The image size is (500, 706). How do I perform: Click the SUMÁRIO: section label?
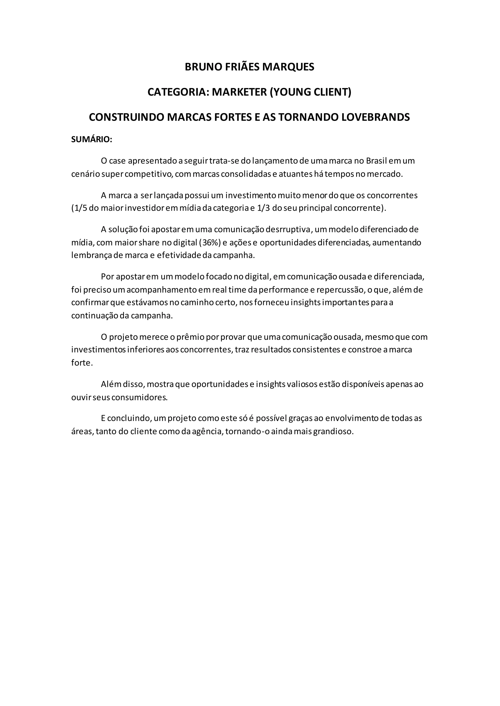click(x=92, y=139)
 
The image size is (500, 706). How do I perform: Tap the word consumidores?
click(x=139, y=397)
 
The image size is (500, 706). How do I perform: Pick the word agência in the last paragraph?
click(x=208, y=431)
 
